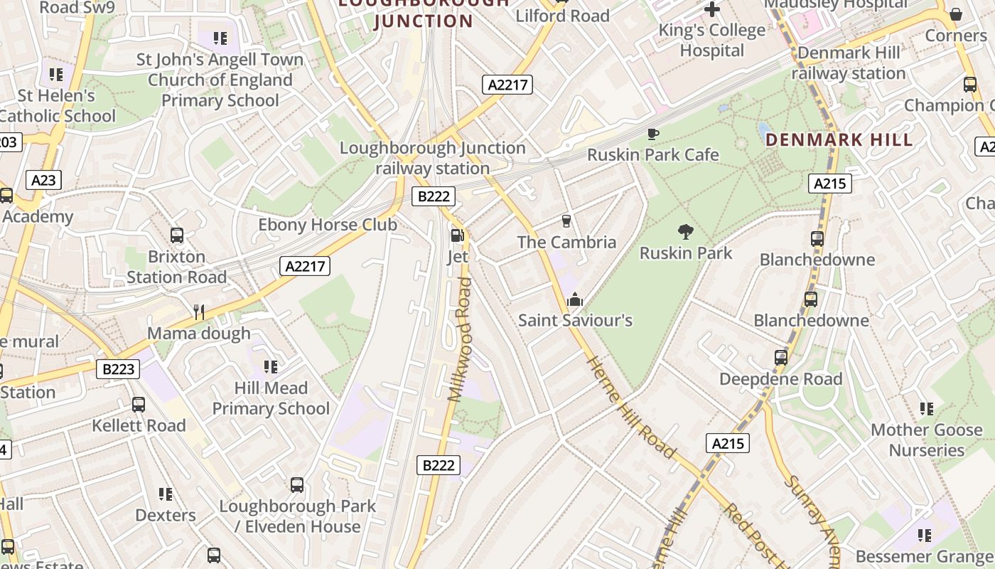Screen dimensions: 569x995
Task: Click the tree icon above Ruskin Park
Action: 686,231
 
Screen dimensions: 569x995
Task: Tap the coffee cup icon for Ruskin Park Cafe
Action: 652,134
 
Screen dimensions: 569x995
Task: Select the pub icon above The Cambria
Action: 566,221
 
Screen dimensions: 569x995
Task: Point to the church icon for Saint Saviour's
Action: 574,299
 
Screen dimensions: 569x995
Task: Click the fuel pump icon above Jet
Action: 458,235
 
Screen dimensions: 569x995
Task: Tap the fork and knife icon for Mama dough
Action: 199,312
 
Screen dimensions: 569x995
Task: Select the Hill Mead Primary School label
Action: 271,398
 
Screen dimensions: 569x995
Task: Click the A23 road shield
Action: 43,180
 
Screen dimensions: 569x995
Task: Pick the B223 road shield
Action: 118,369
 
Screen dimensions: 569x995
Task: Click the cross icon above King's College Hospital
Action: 711,9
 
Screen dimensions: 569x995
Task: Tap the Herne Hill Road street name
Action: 630,407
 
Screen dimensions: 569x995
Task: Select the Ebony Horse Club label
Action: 327,225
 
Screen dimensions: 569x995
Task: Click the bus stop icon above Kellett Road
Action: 139,405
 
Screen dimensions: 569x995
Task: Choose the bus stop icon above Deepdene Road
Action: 781,358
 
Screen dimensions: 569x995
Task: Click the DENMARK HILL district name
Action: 839,139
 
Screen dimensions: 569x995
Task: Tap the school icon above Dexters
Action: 166,494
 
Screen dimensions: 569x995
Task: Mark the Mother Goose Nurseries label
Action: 927,440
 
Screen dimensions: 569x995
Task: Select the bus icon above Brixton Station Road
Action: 177,235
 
